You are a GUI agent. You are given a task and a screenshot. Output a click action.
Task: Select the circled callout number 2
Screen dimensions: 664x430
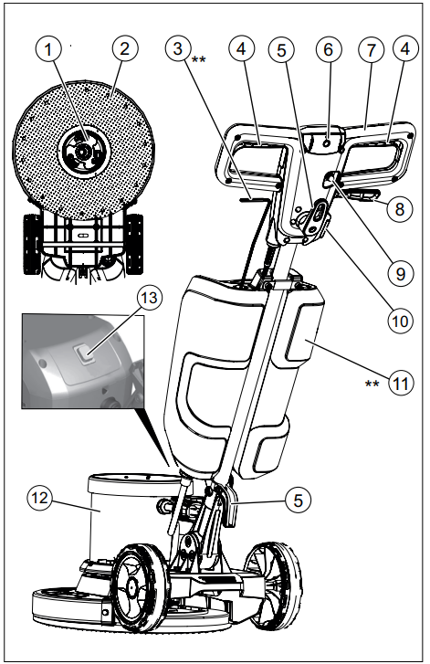(x=125, y=47)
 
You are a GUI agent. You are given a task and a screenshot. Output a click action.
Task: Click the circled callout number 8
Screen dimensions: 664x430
(x=398, y=208)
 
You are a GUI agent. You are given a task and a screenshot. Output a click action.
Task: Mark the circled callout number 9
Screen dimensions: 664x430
(x=397, y=271)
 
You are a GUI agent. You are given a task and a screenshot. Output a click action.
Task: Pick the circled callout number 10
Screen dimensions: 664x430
(x=398, y=321)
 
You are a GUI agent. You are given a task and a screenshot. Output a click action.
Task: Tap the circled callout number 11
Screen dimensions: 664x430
(x=398, y=384)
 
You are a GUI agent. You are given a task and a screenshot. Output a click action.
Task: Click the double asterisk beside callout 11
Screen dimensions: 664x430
(x=372, y=384)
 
